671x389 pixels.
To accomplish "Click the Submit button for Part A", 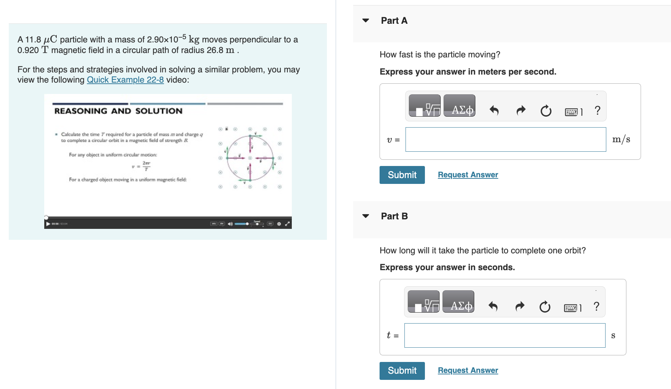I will point(402,175).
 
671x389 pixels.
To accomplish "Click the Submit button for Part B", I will point(402,370).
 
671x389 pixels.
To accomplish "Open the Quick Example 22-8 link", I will point(125,80).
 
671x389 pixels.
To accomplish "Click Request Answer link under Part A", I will point(468,175).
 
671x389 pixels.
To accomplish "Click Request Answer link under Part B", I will point(468,370).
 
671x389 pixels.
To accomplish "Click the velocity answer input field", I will point(505,139).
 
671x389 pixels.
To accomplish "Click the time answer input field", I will point(504,335).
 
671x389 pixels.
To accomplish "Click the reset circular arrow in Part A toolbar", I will point(546,110).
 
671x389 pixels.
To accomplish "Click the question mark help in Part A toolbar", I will point(598,110).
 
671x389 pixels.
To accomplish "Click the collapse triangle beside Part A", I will point(365,20).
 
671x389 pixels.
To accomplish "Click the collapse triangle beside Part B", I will point(365,216).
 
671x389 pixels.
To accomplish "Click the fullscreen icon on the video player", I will point(287,224).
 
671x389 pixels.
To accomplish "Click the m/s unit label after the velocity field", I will point(621,139).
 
